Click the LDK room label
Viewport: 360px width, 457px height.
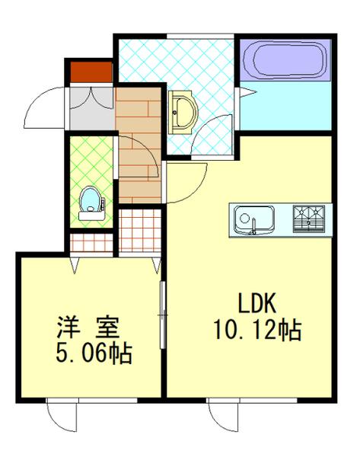[x=258, y=305]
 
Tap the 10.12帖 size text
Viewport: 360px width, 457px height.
[x=257, y=331]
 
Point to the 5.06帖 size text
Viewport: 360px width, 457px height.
[x=92, y=353]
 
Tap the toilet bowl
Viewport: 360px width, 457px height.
[x=91, y=202]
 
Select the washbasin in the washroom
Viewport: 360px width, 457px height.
[x=182, y=110]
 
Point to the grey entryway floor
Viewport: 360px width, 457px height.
[x=91, y=109]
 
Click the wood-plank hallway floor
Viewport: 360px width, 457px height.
[x=139, y=145]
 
